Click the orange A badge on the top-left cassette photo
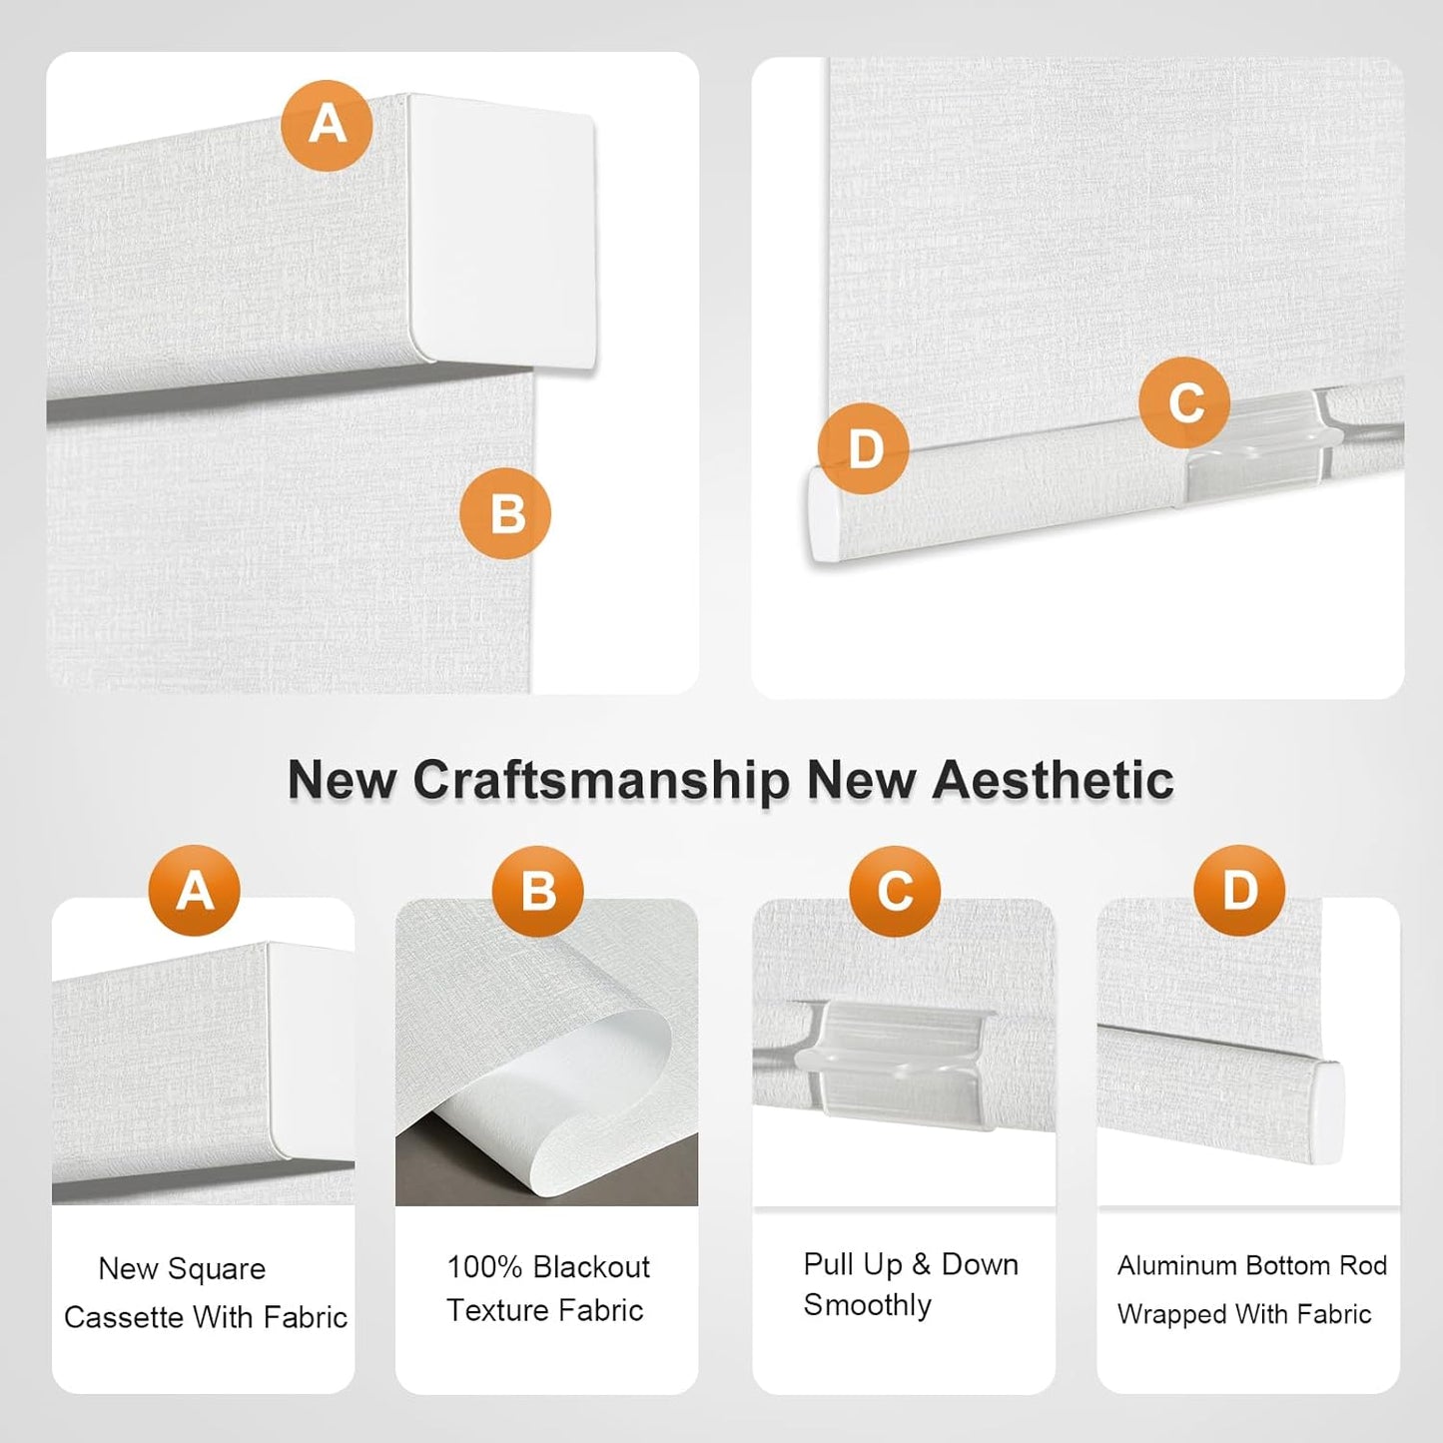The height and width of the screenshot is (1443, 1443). coord(327,126)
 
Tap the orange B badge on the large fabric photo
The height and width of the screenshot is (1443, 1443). coord(505,513)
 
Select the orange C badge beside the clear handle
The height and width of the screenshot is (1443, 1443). coord(1184,402)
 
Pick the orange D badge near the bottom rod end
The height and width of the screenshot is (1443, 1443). coord(863,448)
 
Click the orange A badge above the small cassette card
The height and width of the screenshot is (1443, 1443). coord(195,890)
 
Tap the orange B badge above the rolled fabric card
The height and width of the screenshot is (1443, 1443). coord(538,891)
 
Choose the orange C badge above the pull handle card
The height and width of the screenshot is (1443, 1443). coord(895,891)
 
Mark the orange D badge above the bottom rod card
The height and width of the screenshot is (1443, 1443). coord(1239,890)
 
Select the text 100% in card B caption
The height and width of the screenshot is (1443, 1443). coord(484,1267)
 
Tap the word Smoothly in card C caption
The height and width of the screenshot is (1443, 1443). coord(867,1305)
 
